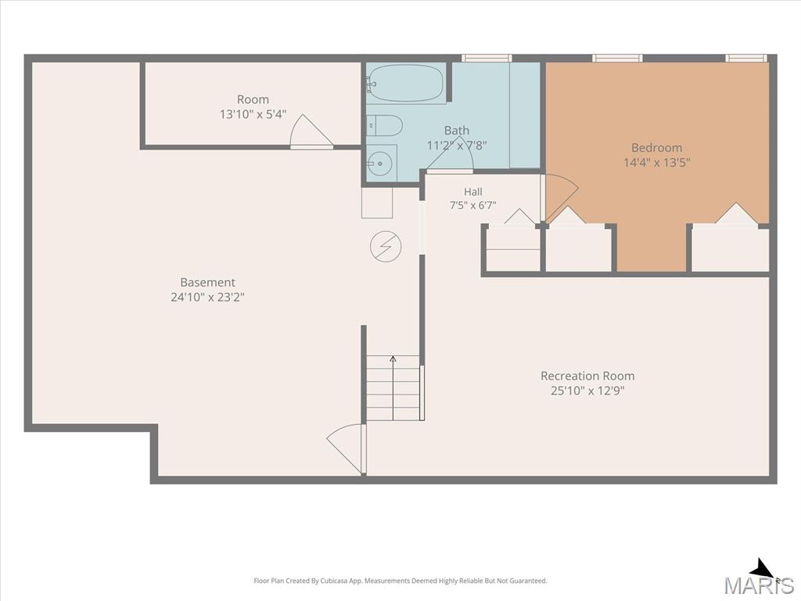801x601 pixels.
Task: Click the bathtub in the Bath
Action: pos(407,83)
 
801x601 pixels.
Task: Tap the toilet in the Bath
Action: pos(384,125)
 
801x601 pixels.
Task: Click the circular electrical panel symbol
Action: pos(386,247)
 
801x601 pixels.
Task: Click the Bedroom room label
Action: pos(656,148)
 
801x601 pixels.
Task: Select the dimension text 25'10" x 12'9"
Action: pos(587,391)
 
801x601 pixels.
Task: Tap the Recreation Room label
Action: pos(587,376)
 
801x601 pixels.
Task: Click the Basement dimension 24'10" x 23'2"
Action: pos(207,297)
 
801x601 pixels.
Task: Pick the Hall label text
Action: pos(473,192)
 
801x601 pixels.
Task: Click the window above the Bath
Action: pos(487,58)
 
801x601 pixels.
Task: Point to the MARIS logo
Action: pos(759,578)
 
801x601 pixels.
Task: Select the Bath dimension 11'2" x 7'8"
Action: pos(457,146)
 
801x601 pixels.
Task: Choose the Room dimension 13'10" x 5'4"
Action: pos(253,114)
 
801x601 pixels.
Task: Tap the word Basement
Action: pos(207,282)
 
